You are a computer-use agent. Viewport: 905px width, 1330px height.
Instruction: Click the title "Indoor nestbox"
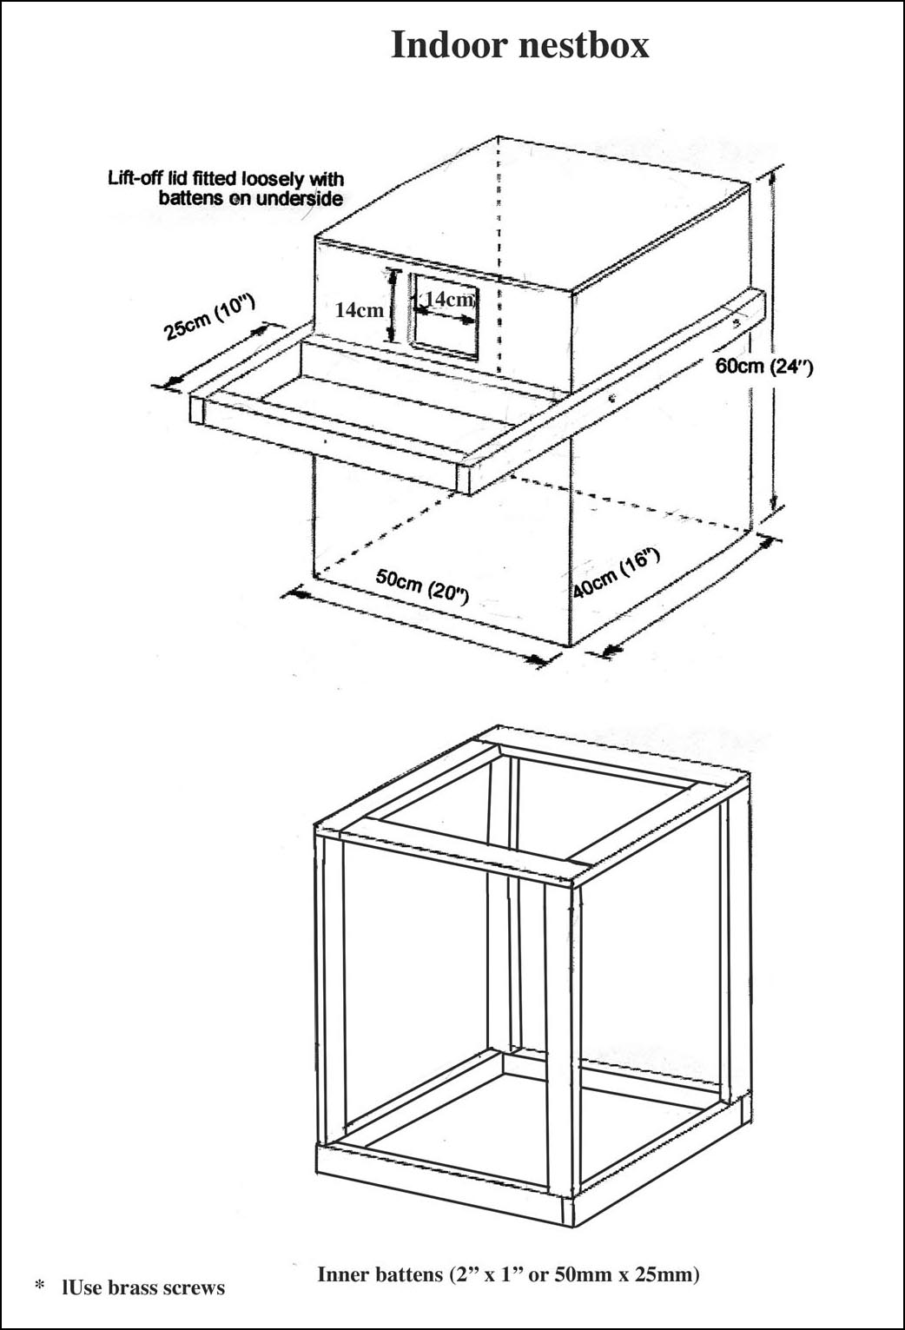pos(519,44)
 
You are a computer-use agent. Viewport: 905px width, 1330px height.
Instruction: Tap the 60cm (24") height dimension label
pos(763,366)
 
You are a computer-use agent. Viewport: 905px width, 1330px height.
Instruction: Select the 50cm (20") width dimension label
pos(422,586)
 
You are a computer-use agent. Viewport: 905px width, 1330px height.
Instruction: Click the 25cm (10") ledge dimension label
pos(209,318)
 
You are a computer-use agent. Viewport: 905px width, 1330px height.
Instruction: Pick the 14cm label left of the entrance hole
pos(359,310)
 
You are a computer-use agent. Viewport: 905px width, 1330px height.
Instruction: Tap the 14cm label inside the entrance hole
pos(449,299)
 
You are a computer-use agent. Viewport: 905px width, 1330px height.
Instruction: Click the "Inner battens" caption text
pos(508,1274)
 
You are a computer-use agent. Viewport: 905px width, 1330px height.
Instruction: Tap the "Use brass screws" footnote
pos(143,1287)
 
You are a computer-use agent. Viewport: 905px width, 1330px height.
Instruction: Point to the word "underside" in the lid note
pos(299,198)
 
